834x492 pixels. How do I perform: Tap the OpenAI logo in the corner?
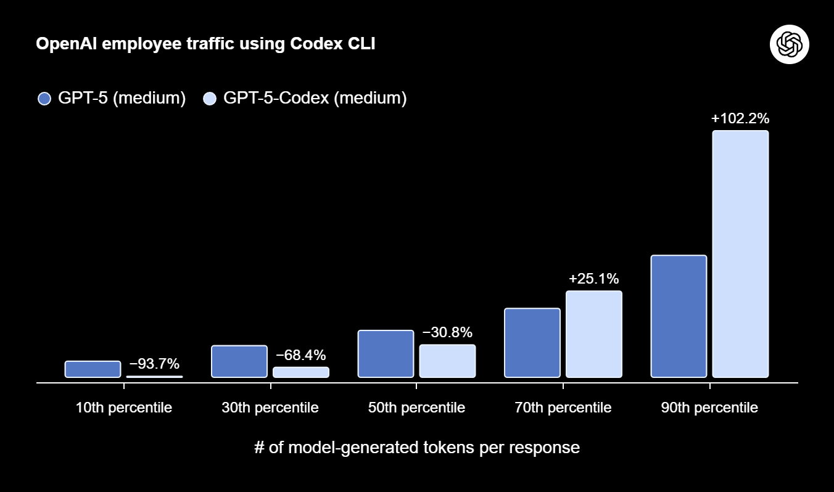(x=789, y=44)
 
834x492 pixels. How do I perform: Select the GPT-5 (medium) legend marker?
(x=44, y=99)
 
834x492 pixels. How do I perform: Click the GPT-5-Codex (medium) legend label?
(x=315, y=99)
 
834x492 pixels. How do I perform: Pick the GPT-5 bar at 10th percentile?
(x=93, y=369)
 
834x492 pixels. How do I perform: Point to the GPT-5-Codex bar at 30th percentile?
(x=301, y=372)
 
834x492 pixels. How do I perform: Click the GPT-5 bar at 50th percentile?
(x=386, y=354)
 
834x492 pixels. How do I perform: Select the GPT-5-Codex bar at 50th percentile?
(x=447, y=361)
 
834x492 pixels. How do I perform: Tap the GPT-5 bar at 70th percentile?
(x=532, y=343)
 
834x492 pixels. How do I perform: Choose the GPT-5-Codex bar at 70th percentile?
(x=594, y=334)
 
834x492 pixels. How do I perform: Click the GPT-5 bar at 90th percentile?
(x=679, y=316)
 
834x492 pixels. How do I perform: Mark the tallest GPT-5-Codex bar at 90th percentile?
(x=740, y=254)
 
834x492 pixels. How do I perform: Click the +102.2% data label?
(x=740, y=118)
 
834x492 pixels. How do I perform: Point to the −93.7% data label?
(x=154, y=363)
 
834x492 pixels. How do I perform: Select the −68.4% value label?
(x=301, y=355)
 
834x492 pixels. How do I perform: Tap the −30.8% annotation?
(x=447, y=332)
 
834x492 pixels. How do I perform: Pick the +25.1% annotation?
(x=594, y=279)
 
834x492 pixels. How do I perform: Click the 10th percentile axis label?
(x=124, y=408)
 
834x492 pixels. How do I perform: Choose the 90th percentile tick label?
(x=709, y=408)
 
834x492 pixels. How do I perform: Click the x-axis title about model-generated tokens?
(x=417, y=447)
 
